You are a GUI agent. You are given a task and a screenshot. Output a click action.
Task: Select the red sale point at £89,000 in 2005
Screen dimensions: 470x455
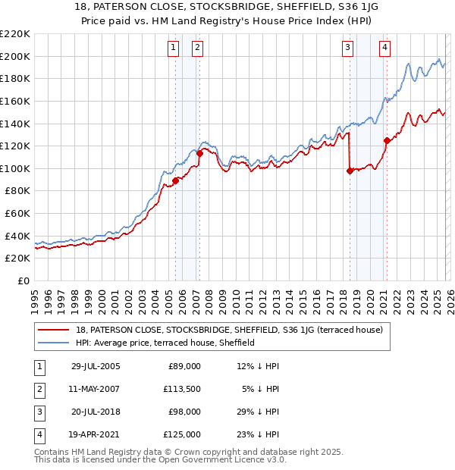click(x=175, y=180)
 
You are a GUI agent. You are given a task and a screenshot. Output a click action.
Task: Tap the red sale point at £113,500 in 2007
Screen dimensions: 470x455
click(x=199, y=153)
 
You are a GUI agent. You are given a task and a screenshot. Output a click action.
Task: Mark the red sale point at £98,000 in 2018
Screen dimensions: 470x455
click(x=350, y=171)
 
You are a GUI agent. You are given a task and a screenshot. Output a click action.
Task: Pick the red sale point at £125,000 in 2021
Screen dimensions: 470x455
click(x=387, y=140)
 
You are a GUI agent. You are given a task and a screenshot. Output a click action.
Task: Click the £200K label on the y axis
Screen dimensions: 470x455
click(x=15, y=56)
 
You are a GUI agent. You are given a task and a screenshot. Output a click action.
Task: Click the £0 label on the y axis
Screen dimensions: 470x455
click(x=23, y=280)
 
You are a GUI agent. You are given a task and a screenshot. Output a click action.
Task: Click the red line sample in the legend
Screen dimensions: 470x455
click(x=55, y=331)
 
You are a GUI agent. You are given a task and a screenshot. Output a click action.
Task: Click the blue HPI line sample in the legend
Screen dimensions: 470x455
click(x=55, y=343)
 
